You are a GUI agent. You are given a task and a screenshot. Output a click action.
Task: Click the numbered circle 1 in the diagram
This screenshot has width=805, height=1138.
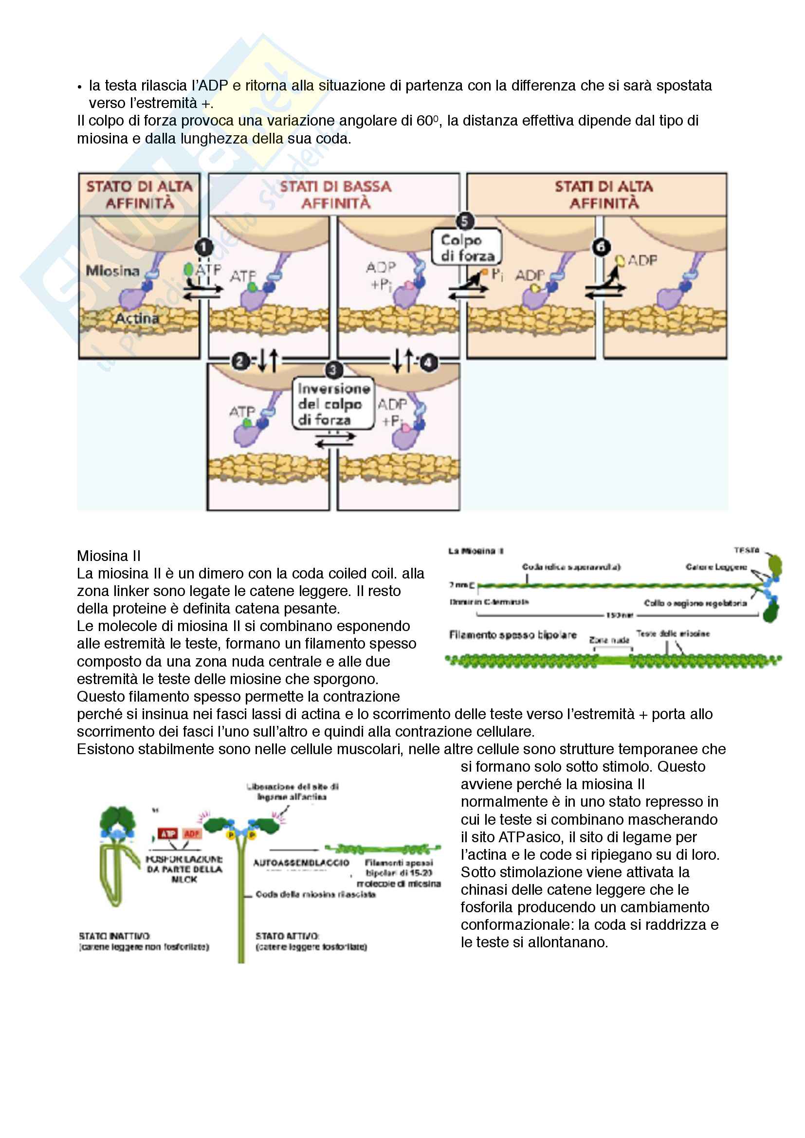click(x=203, y=246)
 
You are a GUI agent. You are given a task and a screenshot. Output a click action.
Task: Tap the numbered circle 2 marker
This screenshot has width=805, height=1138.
click(x=240, y=361)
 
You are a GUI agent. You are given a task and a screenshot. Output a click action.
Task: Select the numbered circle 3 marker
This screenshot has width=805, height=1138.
click(x=333, y=370)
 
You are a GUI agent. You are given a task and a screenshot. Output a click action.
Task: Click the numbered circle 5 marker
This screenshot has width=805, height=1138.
click(x=464, y=221)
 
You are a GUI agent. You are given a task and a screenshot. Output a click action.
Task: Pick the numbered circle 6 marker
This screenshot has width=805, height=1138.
click(x=601, y=246)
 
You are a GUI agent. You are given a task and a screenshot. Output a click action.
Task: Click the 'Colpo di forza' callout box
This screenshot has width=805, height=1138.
click(x=466, y=247)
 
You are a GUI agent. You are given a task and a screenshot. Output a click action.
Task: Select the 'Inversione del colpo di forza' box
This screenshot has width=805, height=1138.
click(x=333, y=404)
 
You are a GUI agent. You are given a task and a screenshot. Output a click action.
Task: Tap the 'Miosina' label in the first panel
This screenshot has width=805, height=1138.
click(x=112, y=271)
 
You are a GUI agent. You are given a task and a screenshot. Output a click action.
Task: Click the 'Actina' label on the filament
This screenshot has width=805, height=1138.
click(x=137, y=318)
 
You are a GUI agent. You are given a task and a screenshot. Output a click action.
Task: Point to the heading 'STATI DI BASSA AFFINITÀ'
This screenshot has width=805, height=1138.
click(x=336, y=194)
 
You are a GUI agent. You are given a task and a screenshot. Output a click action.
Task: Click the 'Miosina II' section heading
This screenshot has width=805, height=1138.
click(x=109, y=556)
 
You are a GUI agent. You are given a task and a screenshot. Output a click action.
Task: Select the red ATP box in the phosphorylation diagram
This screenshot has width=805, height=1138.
click(x=167, y=834)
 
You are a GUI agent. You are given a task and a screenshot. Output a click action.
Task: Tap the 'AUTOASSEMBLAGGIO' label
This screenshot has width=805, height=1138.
click(x=301, y=863)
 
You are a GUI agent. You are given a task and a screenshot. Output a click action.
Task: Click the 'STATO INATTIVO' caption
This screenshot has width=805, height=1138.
click(x=114, y=936)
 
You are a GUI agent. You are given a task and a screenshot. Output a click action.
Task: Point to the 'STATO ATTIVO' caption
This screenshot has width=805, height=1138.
click(x=287, y=936)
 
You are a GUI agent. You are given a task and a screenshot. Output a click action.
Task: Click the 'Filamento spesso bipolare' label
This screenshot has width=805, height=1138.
click(x=512, y=635)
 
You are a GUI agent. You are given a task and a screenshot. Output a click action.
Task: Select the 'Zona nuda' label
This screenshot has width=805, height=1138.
click(x=609, y=640)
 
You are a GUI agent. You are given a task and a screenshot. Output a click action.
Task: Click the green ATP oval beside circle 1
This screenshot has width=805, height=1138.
click(x=188, y=269)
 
